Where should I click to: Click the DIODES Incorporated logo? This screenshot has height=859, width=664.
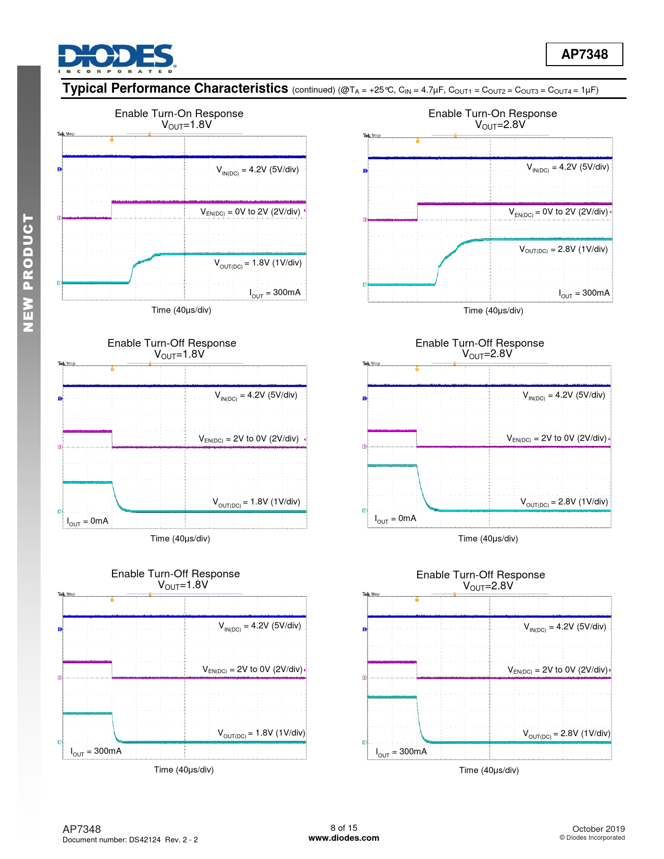pyautogui.click(x=117, y=58)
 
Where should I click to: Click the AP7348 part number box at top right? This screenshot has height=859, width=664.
pyautogui.click(x=584, y=54)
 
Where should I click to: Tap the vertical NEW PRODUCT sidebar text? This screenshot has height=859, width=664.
pyautogui.click(x=28, y=273)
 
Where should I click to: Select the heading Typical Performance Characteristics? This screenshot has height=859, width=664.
pyautogui.click(x=176, y=89)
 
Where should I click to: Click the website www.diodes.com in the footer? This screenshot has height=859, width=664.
pyautogui.click(x=344, y=838)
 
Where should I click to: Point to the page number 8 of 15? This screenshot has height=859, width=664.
pyautogui.click(x=344, y=828)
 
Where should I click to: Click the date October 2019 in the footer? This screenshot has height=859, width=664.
pyautogui.click(x=598, y=829)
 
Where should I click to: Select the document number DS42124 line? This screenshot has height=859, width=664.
pyautogui.click(x=130, y=840)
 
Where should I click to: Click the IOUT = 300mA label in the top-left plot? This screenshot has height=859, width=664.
pyautogui.click(x=275, y=293)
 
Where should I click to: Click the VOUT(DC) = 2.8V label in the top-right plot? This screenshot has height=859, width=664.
pyautogui.click(x=563, y=250)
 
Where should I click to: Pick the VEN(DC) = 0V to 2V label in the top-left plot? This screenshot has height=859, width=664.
pyautogui.click(x=250, y=212)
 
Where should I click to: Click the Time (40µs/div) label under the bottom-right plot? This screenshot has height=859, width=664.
pyautogui.click(x=489, y=770)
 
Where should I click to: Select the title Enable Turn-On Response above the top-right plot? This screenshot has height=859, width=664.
pyautogui.click(x=493, y=113)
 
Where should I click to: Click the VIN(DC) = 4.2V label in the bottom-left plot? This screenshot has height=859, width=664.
pyautogui.click(x=260, y=626)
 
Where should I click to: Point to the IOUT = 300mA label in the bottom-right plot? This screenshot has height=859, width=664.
pyautogui.click(x=401, y=752)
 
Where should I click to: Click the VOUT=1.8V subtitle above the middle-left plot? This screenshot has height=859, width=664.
pyautogui.click(x=179, y=355)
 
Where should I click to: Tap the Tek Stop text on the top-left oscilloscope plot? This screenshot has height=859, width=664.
pyautogui.click(x=66, y=134)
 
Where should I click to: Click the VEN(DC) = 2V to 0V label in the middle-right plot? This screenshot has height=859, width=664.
pyautogui.click(x=557, y=439)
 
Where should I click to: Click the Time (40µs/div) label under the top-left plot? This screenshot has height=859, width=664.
pyautogui.click(x=181, y=310)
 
